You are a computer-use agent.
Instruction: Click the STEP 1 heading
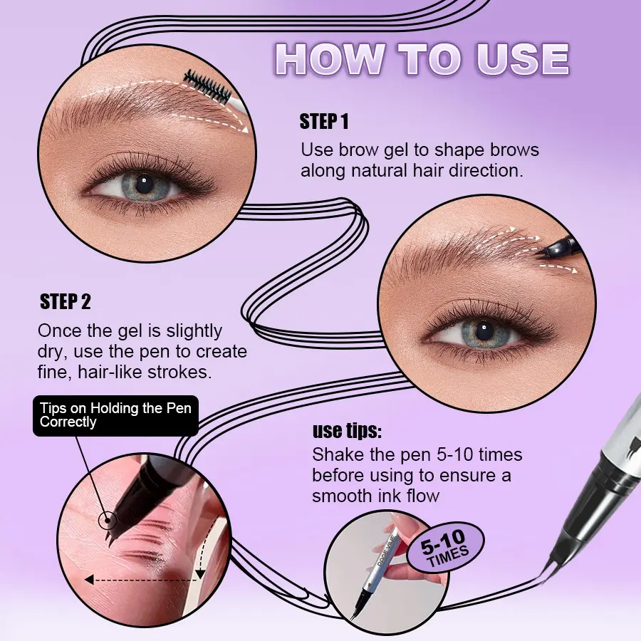(x=324, y=121)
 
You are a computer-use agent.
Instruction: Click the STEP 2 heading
(x=65, y=302)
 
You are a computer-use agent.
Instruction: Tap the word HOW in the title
(x=330, y=59)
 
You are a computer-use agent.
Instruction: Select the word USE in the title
(x=523, y=59)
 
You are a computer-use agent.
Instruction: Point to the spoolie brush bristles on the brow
(x=207, y=87)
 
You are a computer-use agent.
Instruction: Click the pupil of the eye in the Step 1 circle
(x=144, y=184)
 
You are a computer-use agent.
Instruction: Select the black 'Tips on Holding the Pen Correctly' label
(x=115, y=415)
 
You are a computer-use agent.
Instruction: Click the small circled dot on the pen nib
(x=108, y=521)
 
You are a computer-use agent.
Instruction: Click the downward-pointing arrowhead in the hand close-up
(x=200, y=574)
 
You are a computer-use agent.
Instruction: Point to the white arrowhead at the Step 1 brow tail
(x=244, y=130)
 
